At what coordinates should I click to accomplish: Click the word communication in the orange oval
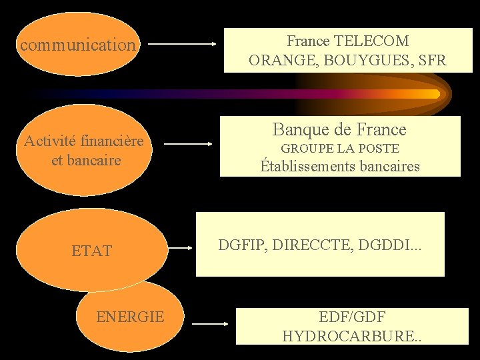pyautogui.click(x=77, y=45)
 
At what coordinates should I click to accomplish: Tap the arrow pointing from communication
pyautogui.click(x=181, y=45)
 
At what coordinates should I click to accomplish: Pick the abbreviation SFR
pyautogui.click(x=432, y=61)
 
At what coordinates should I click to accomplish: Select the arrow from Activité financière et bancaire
pyautogui.click(x=189, y=143)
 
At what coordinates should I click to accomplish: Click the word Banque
pyautogui.click(x=300, y=129)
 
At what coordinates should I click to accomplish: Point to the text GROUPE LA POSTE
pyautogui.click(x=340, y=149)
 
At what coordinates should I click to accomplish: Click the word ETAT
pyautogui.click(x=92, y=251)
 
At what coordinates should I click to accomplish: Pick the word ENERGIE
pyautogui.click(x=130, y=317)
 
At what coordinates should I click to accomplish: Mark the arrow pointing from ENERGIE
pyautogui.click(x=210, y=324)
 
